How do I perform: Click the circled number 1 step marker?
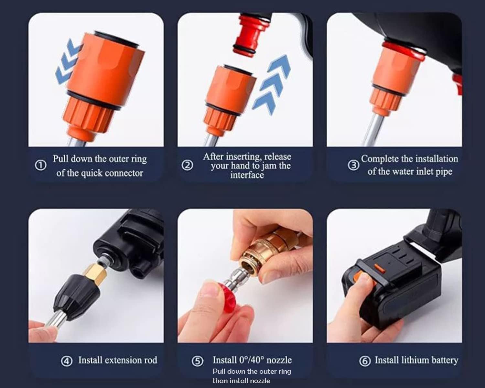click(40, 166)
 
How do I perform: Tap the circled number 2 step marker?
click(187, 166)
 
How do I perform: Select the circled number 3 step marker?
click(353, 165)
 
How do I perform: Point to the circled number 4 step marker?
click(67, 361)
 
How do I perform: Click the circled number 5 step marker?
click(198, 361)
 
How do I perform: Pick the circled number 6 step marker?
click(365, 361)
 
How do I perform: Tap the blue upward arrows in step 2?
click(272, 84)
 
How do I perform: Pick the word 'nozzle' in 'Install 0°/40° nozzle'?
click(279, 360)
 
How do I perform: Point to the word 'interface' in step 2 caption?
click(247, 175)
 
